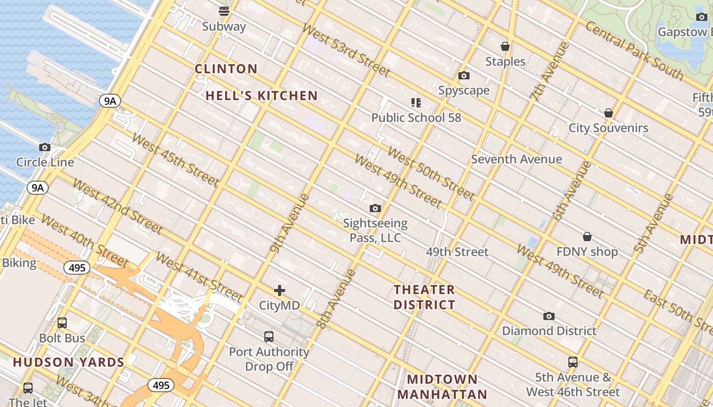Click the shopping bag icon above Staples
click(x=505, y=46)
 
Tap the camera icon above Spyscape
click(x=464, y=75)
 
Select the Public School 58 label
click(x=416, y=118)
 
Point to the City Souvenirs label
click(x=608, y=128)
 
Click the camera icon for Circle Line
click(x=45, y=148)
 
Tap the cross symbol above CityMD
click(x=280, y=290)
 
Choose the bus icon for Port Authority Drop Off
click(x=269, y=336)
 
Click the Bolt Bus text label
click(x=62, y=338)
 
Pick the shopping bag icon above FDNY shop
click(x=587, y=237)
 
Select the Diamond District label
click(x=549, y=331)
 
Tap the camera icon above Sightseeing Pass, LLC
click(x=375, y=208)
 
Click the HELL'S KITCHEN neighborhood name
click(x=262, y=96)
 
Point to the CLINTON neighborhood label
click(x=226, y=69)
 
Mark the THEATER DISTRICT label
click(x=424, y=297)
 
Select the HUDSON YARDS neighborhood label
click(x=69, y=362)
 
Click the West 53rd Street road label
click(x=346, y=50)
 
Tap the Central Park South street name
click(x=634, y=50)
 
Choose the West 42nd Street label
click(x=118, y=206)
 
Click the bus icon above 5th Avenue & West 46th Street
click(x=573, y=362)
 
